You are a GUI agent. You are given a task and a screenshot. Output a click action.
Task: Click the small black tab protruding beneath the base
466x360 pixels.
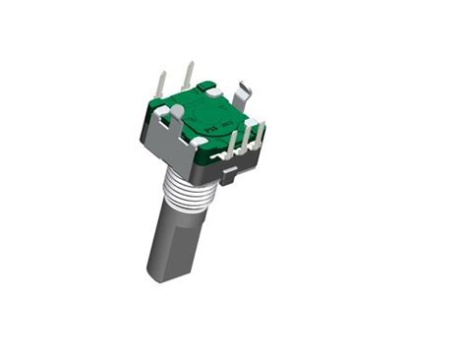229,177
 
